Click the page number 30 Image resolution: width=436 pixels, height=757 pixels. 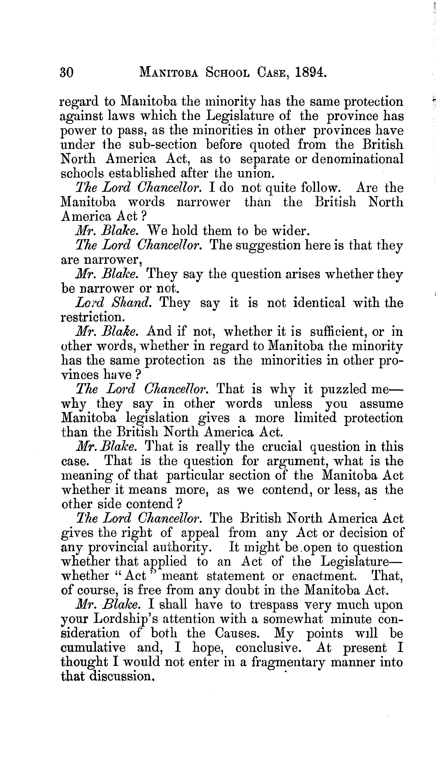pyautogui.click(x=67, y=72)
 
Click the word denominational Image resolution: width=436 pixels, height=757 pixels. pyautogui.click(x=358, y=159)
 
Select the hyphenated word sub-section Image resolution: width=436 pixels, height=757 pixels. pyautogui.click(x=163, y=145)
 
